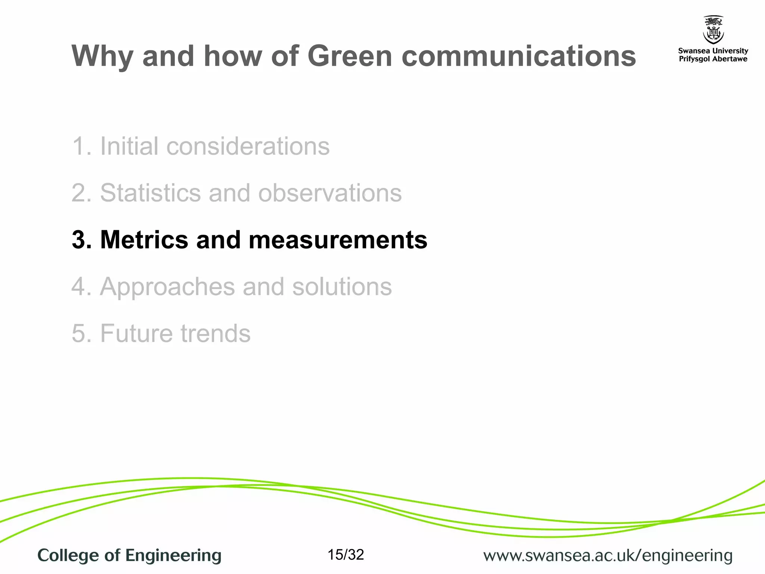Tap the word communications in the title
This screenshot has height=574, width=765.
(x=518, y=56)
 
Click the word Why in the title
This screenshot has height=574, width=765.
(x=102, y=57)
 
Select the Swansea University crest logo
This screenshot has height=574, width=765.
(x=713, y=30)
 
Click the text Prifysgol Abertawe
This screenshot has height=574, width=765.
(x=713, y=59)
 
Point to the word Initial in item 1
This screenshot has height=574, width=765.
(x=129, y=146)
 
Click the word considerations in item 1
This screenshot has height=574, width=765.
(x=248, y=146)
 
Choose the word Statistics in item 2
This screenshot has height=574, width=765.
(x=151, y=193)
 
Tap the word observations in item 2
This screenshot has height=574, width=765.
(x=330, y=193)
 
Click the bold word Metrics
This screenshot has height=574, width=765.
(x=144, y=240)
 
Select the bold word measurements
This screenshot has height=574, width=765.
(x=338, y=240)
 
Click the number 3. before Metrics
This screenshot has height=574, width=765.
(x=81, y=240)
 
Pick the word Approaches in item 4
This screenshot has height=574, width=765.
(x=167, y=287)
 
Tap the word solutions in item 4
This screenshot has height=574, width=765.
(x=342, y=287)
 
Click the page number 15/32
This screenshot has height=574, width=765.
(x=346, y=555)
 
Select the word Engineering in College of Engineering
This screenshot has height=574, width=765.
(x=173, y=556)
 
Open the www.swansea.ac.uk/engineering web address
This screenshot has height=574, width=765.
(x=608, y=556)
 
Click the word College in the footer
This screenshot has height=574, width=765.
(x=68, y=556)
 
